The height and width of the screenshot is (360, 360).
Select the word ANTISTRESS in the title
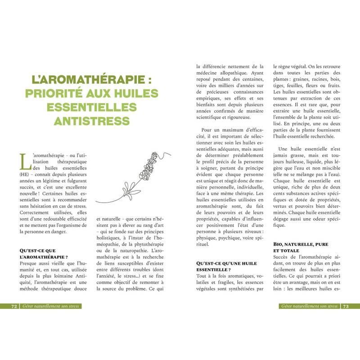[92, 121]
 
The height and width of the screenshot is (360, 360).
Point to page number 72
[14, 306]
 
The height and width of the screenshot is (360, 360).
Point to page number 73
[346, 306]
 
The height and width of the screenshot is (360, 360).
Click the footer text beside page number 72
[49, 306]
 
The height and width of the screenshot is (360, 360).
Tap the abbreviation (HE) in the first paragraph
[24, 174]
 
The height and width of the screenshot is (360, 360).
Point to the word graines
[308, 81]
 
